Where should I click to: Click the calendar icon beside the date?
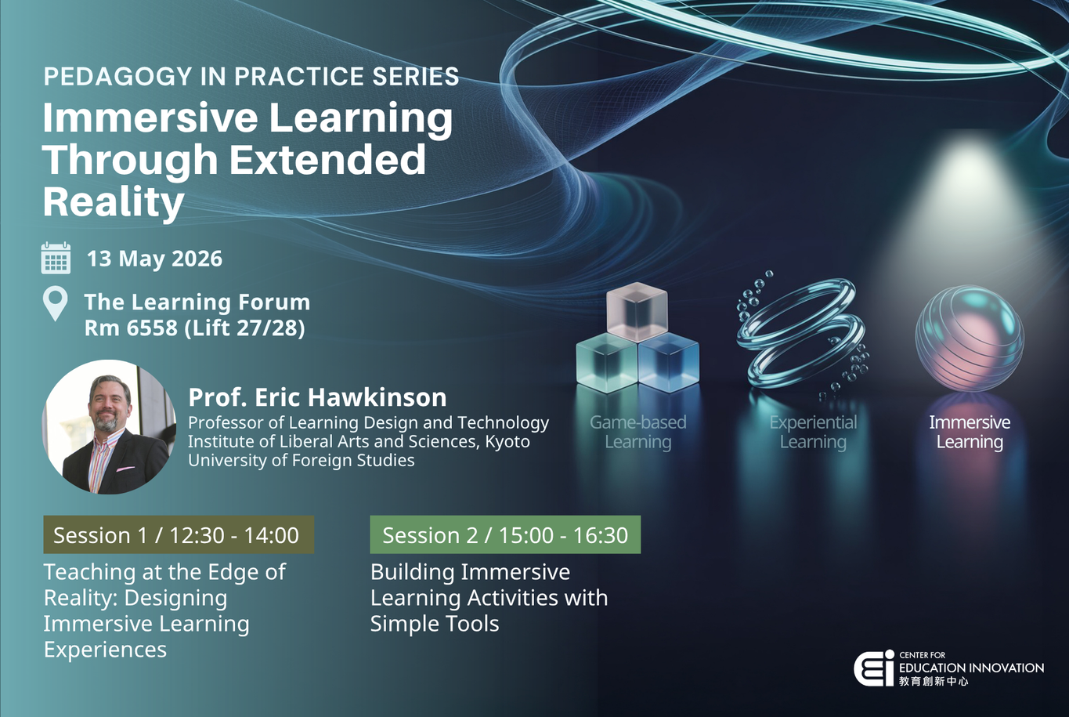tap(56, 258)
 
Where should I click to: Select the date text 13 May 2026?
tap(154, 259)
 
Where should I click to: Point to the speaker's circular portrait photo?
tap(109, 427)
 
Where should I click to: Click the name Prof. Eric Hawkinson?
tap(317, 397)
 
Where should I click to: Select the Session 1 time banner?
tap(179, 535)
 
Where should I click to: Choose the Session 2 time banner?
tap(505, 535)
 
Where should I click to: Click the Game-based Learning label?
tap(637, 432)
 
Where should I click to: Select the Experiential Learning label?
tap(813, 432)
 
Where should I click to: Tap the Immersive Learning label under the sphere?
tap(970, 432)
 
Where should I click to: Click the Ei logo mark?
tap(873, 668)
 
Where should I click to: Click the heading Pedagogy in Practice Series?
tap(251, 77)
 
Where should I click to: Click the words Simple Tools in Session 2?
tap(435, 624)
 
